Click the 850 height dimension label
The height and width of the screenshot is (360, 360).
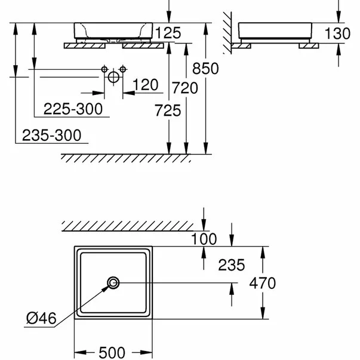click(205, 68)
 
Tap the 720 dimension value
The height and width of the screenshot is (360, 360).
click(184, 88)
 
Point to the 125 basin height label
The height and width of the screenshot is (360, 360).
click(167, 33)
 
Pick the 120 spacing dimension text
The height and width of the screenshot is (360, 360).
click(146, 85)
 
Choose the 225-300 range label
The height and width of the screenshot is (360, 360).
click(72, 109)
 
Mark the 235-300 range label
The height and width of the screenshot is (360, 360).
click(51, 135)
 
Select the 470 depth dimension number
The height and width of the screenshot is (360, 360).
click(263, 283)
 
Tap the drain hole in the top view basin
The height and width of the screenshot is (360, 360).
click(113, 282)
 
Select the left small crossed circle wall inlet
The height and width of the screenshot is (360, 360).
click(104, 69)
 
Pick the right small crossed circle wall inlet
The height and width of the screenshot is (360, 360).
click(123, 69)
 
